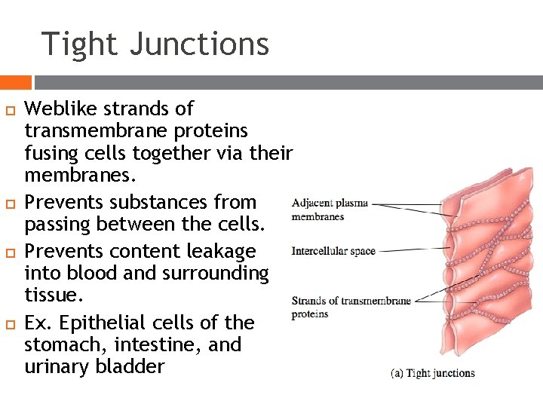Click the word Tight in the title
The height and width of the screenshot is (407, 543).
(x=79, y=44)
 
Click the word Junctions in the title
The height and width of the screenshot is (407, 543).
(x=199, y=44)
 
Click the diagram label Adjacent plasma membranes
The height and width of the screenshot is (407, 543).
(x=330, y=210)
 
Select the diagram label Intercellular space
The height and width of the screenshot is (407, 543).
(x=333, y=251)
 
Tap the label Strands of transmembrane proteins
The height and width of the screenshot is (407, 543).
(x=351, y=307)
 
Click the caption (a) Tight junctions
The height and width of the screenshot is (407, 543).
(x=432, y=373)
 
